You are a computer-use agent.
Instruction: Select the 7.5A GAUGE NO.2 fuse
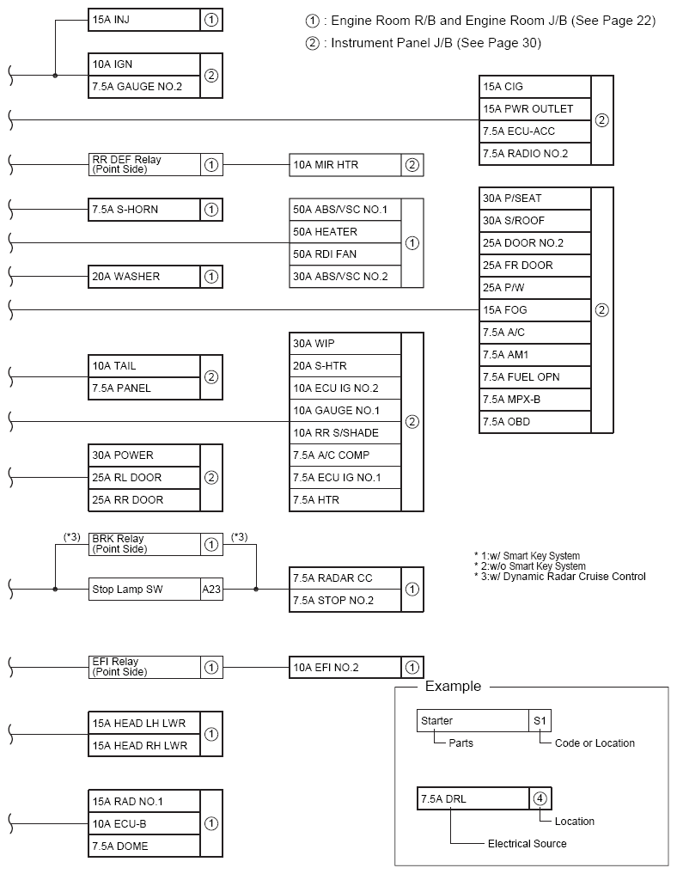[x=144, y=86]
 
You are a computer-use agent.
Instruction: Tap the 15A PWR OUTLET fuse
[x=535, y=109]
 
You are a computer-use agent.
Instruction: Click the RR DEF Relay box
[x=144, y=164]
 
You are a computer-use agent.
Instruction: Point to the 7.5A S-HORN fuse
[x=144, y=209]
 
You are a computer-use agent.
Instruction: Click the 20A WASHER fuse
[x=144, y=277]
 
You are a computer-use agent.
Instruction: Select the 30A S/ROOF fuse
[x=535, y=221]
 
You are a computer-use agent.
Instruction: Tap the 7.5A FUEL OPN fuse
[x=535, y=377]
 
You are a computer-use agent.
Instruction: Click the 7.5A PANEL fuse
[x=144, y=388]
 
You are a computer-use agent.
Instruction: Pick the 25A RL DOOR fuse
[x=144, y=478]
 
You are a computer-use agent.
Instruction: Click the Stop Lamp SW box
[x=144, y=590]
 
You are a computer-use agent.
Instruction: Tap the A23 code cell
[x=211, y=590]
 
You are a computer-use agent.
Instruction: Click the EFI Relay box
[x=144, y=667]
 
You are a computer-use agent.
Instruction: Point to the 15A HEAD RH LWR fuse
[x=144, y=746]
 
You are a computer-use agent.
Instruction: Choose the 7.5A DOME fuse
[x=144, y=846]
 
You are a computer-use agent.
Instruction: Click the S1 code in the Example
[x=540, y=721]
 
